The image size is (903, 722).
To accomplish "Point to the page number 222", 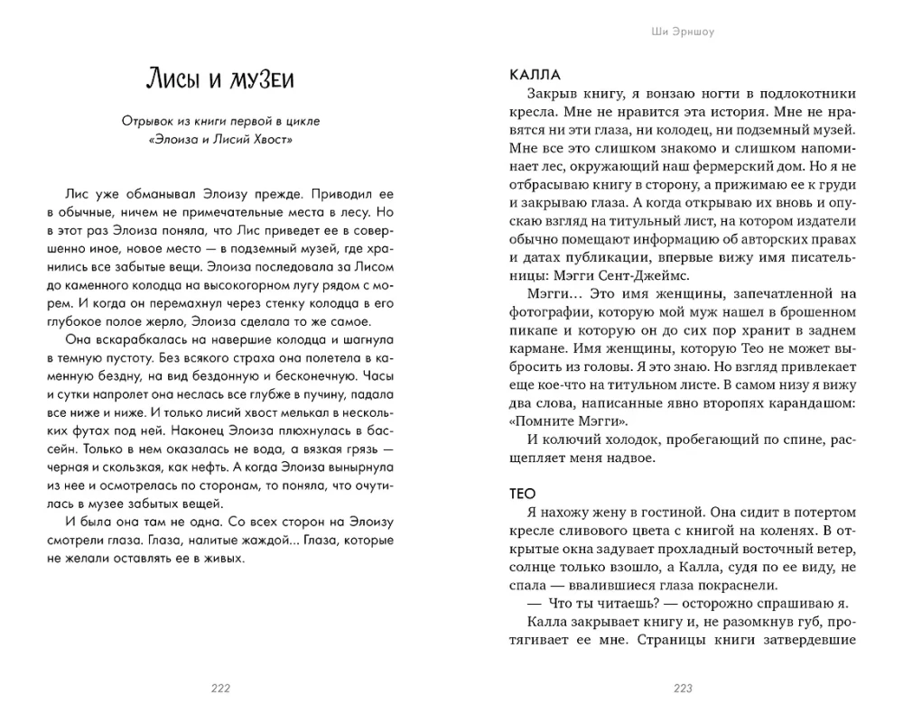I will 220,689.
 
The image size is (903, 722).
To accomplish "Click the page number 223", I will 683,689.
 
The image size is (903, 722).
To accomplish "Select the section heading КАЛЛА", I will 535,74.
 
